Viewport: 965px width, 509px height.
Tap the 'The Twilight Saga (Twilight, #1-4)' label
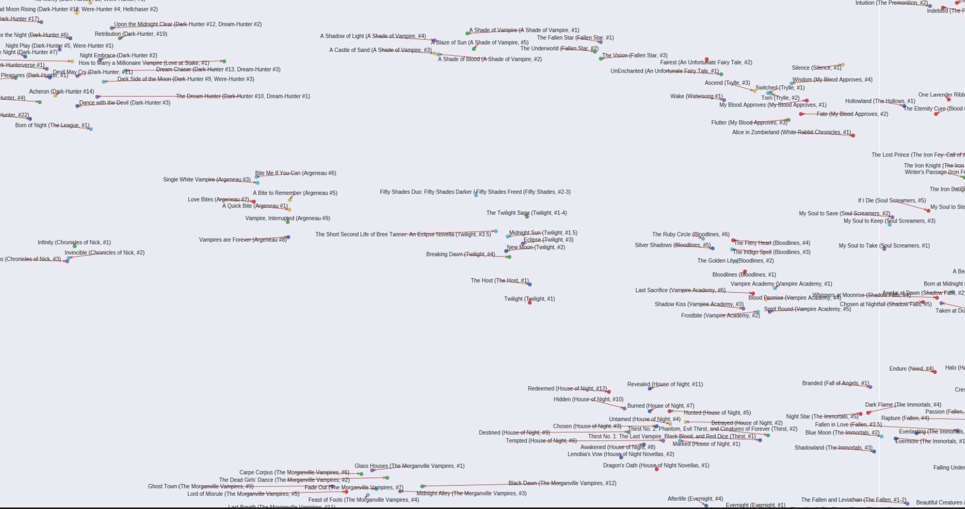(x=526, y=213)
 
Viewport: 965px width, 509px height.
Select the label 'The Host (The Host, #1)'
(x=499, y=280)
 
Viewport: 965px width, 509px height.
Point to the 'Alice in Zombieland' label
(x=791, y=132)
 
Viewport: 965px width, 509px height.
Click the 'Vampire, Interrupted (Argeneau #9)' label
(x=287, y=218)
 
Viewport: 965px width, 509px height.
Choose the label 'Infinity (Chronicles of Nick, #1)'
(x=74, y=242)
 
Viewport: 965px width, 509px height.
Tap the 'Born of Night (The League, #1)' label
(x=52, y=125)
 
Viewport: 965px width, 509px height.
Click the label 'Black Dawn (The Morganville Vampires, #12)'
(x=562, y=483)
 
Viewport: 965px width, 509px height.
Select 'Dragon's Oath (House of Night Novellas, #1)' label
(x=656, y=465)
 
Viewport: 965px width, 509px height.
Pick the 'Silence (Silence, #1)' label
(x=816, y=68)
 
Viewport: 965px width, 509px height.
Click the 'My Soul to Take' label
(x=884, y=245)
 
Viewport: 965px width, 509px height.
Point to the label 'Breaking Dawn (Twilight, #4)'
(x=460, y=254)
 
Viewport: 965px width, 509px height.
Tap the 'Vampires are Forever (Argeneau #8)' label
(x=243, y=240)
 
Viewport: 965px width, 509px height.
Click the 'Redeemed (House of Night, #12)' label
(x=567, y=388)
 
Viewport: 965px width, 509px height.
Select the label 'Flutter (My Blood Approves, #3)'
(x=749, y=122)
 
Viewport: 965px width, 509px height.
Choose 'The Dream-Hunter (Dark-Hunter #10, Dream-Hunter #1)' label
(x=243, y=96)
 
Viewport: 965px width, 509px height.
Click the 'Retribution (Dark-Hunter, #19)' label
(x=131, y=34)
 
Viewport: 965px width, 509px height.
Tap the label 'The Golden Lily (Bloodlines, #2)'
(x=735, y=260)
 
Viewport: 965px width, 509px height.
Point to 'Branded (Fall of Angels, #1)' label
(x=835, y=383)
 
